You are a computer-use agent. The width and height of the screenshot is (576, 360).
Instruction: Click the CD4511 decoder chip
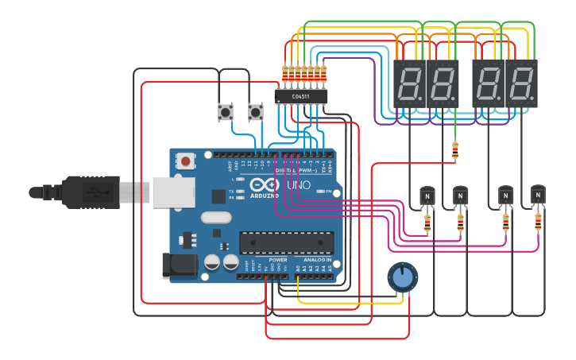[x=300, y=97]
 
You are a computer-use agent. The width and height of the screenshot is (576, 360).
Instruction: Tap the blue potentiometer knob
[x=403, y=277]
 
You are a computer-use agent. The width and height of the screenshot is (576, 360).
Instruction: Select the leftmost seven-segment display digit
[x=409, y=83]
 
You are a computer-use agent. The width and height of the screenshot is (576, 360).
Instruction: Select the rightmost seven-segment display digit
[x=522, y=83]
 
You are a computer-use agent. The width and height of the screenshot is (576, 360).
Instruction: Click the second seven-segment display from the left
[x=443, y=83]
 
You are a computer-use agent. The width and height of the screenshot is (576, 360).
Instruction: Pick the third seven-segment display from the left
[x=489, y=83]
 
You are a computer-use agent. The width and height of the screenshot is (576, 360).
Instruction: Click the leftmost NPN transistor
[x=426, y=195]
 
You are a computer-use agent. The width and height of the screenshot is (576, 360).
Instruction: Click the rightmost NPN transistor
[x=538, y=195]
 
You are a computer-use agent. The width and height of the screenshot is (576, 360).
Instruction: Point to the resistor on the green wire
[x=455, y=150]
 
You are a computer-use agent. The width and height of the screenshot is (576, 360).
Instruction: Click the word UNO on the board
[x=299, y=185]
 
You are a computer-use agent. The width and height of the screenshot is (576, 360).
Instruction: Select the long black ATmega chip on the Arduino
[x=287, y=242]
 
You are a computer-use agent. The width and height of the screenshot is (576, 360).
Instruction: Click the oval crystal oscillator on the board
[x=215, y=217]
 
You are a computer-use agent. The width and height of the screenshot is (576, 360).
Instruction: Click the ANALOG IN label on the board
[x=317, y=260]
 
